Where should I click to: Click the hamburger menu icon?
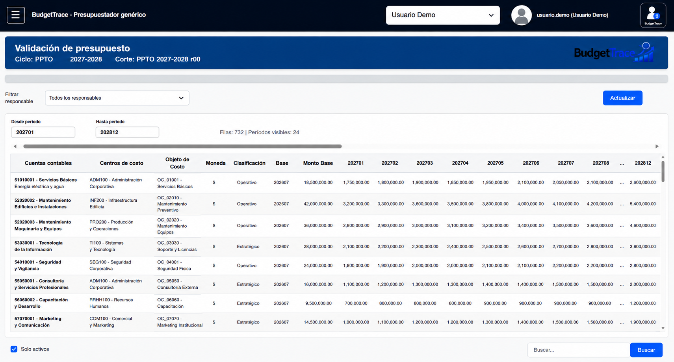[x=16, y=15]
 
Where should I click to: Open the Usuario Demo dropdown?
[x=443, y=15]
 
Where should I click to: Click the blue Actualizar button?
[x=622, y=98]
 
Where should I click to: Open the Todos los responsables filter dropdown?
[x=117, y=98]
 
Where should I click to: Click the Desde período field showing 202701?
[x=43, y=132]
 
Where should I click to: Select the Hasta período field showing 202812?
[x=127, y=132]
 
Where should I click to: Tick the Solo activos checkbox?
[x=14, y=349]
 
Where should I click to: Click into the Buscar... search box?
[x=579, y=350]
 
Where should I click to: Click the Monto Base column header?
[x=318, y=163]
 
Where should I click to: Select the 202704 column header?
[x=460, y=163]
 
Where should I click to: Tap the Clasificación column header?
[x=249, y=163]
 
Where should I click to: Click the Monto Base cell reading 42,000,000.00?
[x=318, y=204]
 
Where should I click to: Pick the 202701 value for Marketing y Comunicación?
[x=356, y=322]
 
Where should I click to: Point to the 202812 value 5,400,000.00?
[x=643, y=204]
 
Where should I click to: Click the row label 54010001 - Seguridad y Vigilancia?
[x=37, y=265]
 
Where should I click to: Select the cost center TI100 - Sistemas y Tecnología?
[x=106, y=246]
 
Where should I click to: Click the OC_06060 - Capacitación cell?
[x=170, y=303]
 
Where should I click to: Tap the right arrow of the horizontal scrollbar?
[x=657, y=146]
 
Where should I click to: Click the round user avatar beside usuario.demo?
[x=521, y=15]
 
